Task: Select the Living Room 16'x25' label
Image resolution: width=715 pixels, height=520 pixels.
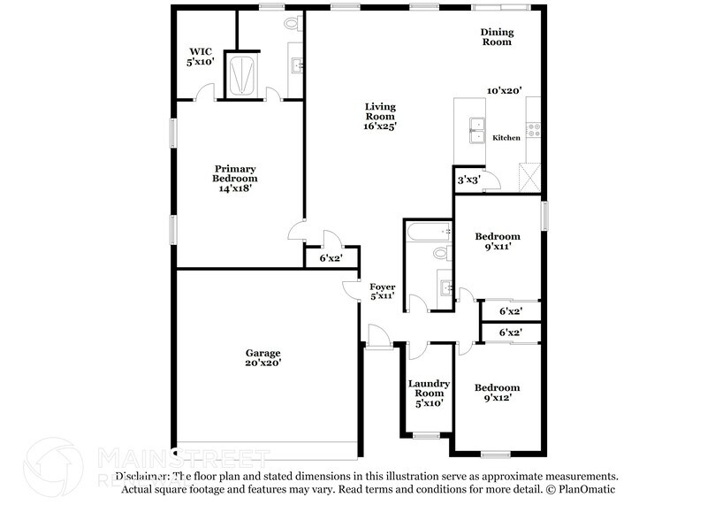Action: (381, 117)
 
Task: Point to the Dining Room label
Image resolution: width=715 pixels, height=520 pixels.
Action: (497, 36)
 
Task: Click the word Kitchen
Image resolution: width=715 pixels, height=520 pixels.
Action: (506, 138)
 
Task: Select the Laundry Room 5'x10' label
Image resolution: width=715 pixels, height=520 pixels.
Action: (429, 393)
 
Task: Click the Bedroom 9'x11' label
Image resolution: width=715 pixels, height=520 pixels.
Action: (498, 242)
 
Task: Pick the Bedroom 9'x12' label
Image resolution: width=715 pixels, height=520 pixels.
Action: (498, 394)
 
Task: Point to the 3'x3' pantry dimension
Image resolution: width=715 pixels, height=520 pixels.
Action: (468, 180)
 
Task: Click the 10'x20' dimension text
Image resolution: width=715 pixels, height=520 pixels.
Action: (505, 90)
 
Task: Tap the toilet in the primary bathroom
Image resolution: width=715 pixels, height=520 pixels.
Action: (293, 26)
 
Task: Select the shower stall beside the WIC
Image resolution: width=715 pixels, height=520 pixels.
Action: (240, 73)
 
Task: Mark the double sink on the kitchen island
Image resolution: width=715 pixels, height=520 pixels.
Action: (477, 130)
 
